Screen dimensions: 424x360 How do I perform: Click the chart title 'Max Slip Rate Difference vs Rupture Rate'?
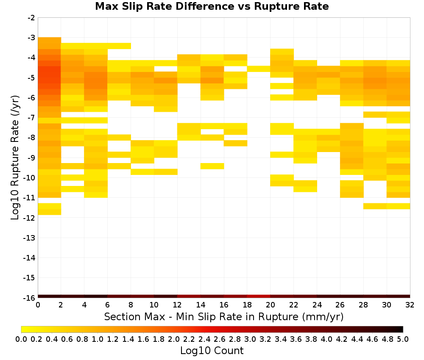tap(212, 6)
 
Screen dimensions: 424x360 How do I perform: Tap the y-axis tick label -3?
tap(31, 38)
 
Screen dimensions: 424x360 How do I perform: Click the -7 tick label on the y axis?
tap(31, 117)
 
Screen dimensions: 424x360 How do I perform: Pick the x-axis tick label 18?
tap(247, 305)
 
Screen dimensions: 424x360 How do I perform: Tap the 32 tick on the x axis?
tap(410, 305)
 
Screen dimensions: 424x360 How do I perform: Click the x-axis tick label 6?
tap(107, 305)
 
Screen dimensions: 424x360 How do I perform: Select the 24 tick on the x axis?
tap(317, 305)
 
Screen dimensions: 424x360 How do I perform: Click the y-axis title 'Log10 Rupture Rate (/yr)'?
tap(15, 158)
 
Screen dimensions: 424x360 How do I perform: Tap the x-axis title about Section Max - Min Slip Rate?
tap(223, 316)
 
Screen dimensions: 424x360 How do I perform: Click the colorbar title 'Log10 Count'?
tap(212, 350)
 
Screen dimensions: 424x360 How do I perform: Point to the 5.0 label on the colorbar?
tap(403, 339)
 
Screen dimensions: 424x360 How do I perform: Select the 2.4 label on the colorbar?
tap(204, 339)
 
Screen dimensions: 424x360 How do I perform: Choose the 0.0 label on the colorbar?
tap(21, 339)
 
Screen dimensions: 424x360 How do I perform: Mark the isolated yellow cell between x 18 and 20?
tap(259, 69)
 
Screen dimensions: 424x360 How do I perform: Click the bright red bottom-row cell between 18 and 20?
tap(259, 296)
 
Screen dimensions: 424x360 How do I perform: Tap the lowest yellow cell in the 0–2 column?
tap(50, 212)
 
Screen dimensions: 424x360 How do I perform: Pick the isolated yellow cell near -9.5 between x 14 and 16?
tap(212, 166)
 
